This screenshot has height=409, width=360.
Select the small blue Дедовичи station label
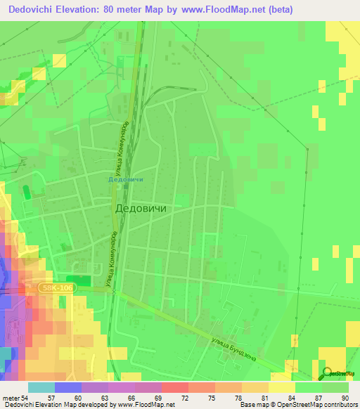coord(126,179)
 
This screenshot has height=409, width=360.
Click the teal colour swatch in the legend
coord(41,387)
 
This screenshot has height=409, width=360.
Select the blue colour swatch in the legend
coord(67,387)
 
